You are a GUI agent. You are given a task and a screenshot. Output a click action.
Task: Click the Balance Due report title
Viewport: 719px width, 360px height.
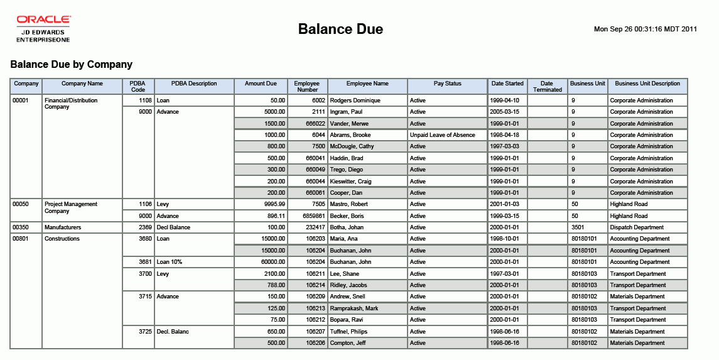coord(340,30)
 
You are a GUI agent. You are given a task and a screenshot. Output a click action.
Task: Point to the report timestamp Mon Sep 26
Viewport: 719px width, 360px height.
coord(646,29)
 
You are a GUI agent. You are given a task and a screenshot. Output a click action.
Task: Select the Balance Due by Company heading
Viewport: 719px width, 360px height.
coord(72,64)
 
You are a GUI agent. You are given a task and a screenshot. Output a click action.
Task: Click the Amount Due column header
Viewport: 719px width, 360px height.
coord(261,84)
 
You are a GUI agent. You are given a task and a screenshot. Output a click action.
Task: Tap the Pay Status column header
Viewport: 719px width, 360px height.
coord(447,84)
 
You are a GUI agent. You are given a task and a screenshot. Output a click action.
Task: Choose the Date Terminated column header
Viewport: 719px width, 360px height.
coord(547,87)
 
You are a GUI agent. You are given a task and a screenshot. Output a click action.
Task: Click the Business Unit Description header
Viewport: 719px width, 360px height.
coord(647,84)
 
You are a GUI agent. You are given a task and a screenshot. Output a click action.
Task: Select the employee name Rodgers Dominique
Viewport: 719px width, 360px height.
coord(355,101)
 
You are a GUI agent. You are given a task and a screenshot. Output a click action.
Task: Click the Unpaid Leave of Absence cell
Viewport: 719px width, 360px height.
coord(442,135)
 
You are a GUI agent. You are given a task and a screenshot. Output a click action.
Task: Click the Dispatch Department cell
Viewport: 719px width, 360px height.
coord(637,227)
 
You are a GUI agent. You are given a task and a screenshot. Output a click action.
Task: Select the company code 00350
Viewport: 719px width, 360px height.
coord(21,227)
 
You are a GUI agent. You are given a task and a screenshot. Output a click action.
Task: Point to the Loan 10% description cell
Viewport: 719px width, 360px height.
coord(170,262)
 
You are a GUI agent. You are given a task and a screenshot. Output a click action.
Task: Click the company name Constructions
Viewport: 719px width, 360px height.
coord(62,239)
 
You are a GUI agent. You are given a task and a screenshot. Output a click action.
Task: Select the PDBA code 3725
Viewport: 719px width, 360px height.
coord(145,332)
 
